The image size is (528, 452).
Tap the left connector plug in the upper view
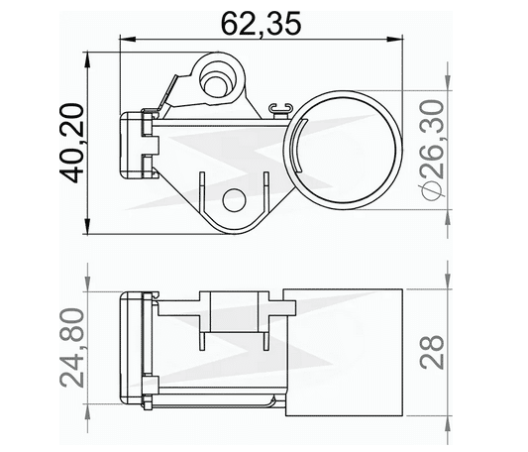137,145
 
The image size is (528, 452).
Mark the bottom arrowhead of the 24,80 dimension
88,404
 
